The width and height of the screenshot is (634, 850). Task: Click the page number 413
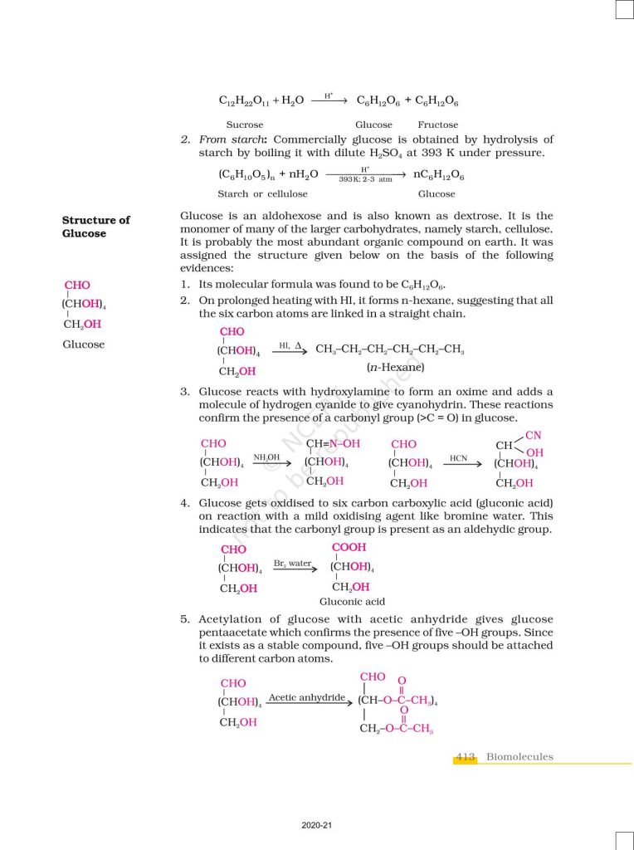tap(465, 757)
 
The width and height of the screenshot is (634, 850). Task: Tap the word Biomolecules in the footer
tap(519, 757)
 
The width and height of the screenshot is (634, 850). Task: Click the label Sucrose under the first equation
tap(245, 125)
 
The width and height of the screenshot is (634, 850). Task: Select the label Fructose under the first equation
tap(437, 125)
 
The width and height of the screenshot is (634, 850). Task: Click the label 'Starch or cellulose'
tap(262, 193)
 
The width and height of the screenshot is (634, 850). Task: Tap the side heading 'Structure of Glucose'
tap(95, 227)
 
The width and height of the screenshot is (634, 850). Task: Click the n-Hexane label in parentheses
tap(395, 367)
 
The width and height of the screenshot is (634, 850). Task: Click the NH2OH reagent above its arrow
tap(267, 457)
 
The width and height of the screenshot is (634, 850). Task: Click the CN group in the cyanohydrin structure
tap(533, 435)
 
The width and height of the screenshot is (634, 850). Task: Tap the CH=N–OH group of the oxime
tap(334, 444)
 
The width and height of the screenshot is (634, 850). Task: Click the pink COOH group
tap(349, 548)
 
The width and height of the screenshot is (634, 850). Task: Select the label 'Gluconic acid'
tap(352, 602)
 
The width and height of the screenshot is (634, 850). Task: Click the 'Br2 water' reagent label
tap(292, 564)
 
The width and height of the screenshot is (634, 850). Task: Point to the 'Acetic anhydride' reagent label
tap(306, 698)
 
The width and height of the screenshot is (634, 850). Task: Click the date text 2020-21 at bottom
tap(317, 826)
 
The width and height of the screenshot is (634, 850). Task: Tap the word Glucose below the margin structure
tap(84, 344)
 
